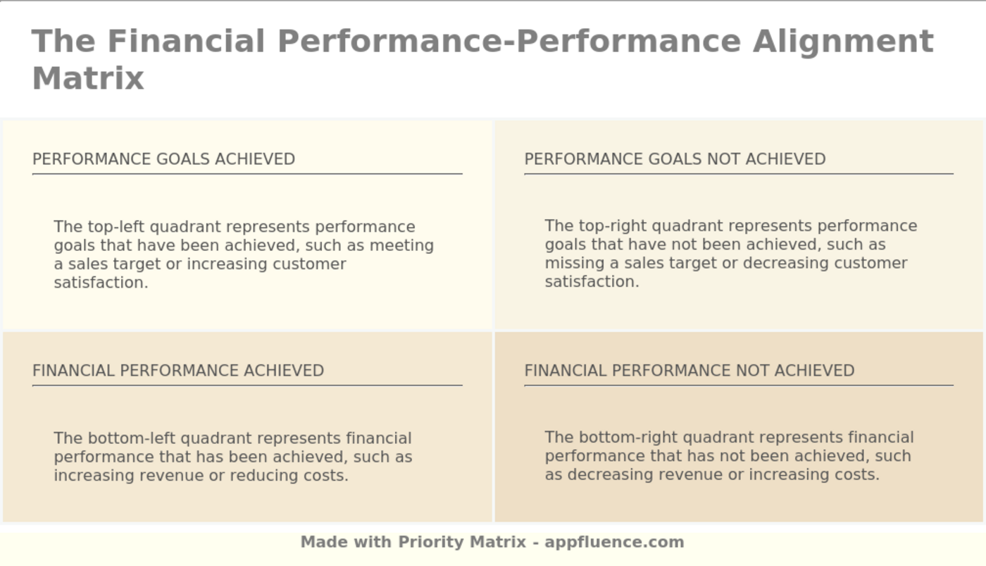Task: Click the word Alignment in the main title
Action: (x=843, y=41)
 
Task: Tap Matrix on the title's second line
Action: (x=88, y=78)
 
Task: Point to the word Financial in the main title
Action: (x=186, y=41)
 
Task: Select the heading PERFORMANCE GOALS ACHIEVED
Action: (x=163, y=159)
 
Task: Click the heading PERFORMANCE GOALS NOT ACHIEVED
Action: (x=675, y=159)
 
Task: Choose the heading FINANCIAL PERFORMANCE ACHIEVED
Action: (x=178, y=371)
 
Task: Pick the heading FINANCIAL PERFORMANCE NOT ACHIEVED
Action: (x=689, y=371)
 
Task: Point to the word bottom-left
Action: (x=132, y=438)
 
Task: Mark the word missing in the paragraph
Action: (x=570, y=263)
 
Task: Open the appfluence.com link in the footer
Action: (x=614, y=542)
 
